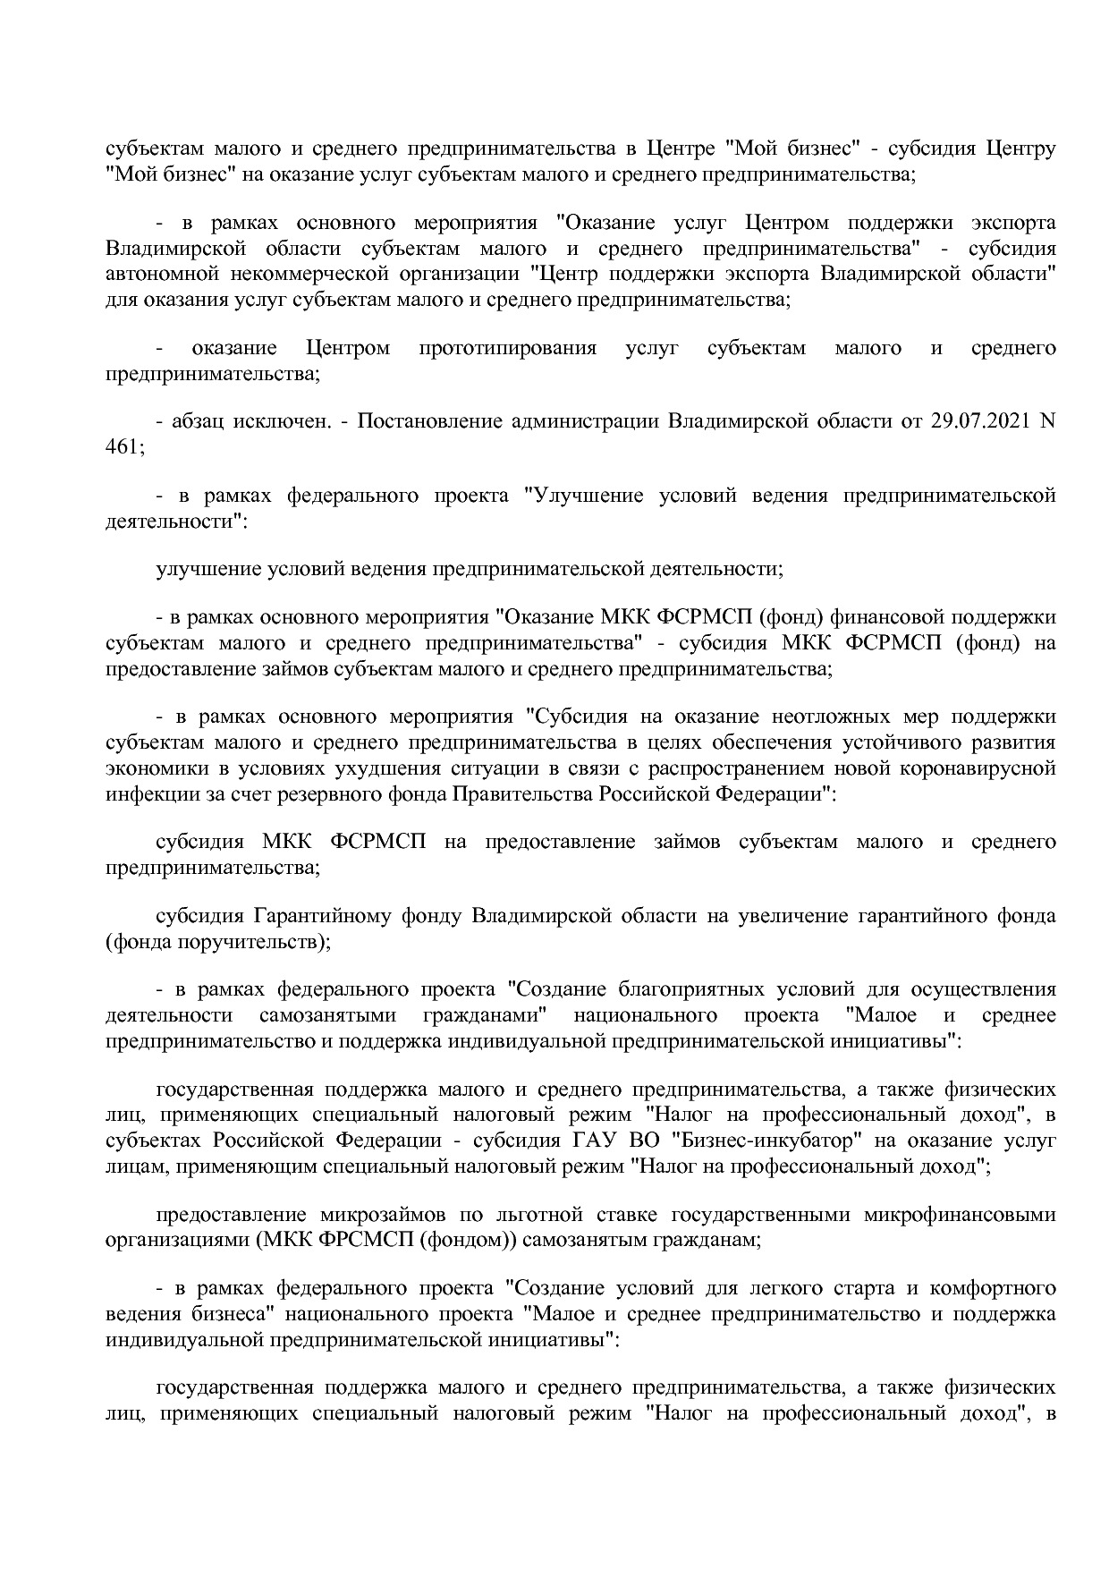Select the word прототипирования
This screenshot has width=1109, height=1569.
(x=507, y=348)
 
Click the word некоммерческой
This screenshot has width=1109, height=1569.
(x=325, y=274)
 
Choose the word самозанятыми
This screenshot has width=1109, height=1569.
(x=326, y=1015)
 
